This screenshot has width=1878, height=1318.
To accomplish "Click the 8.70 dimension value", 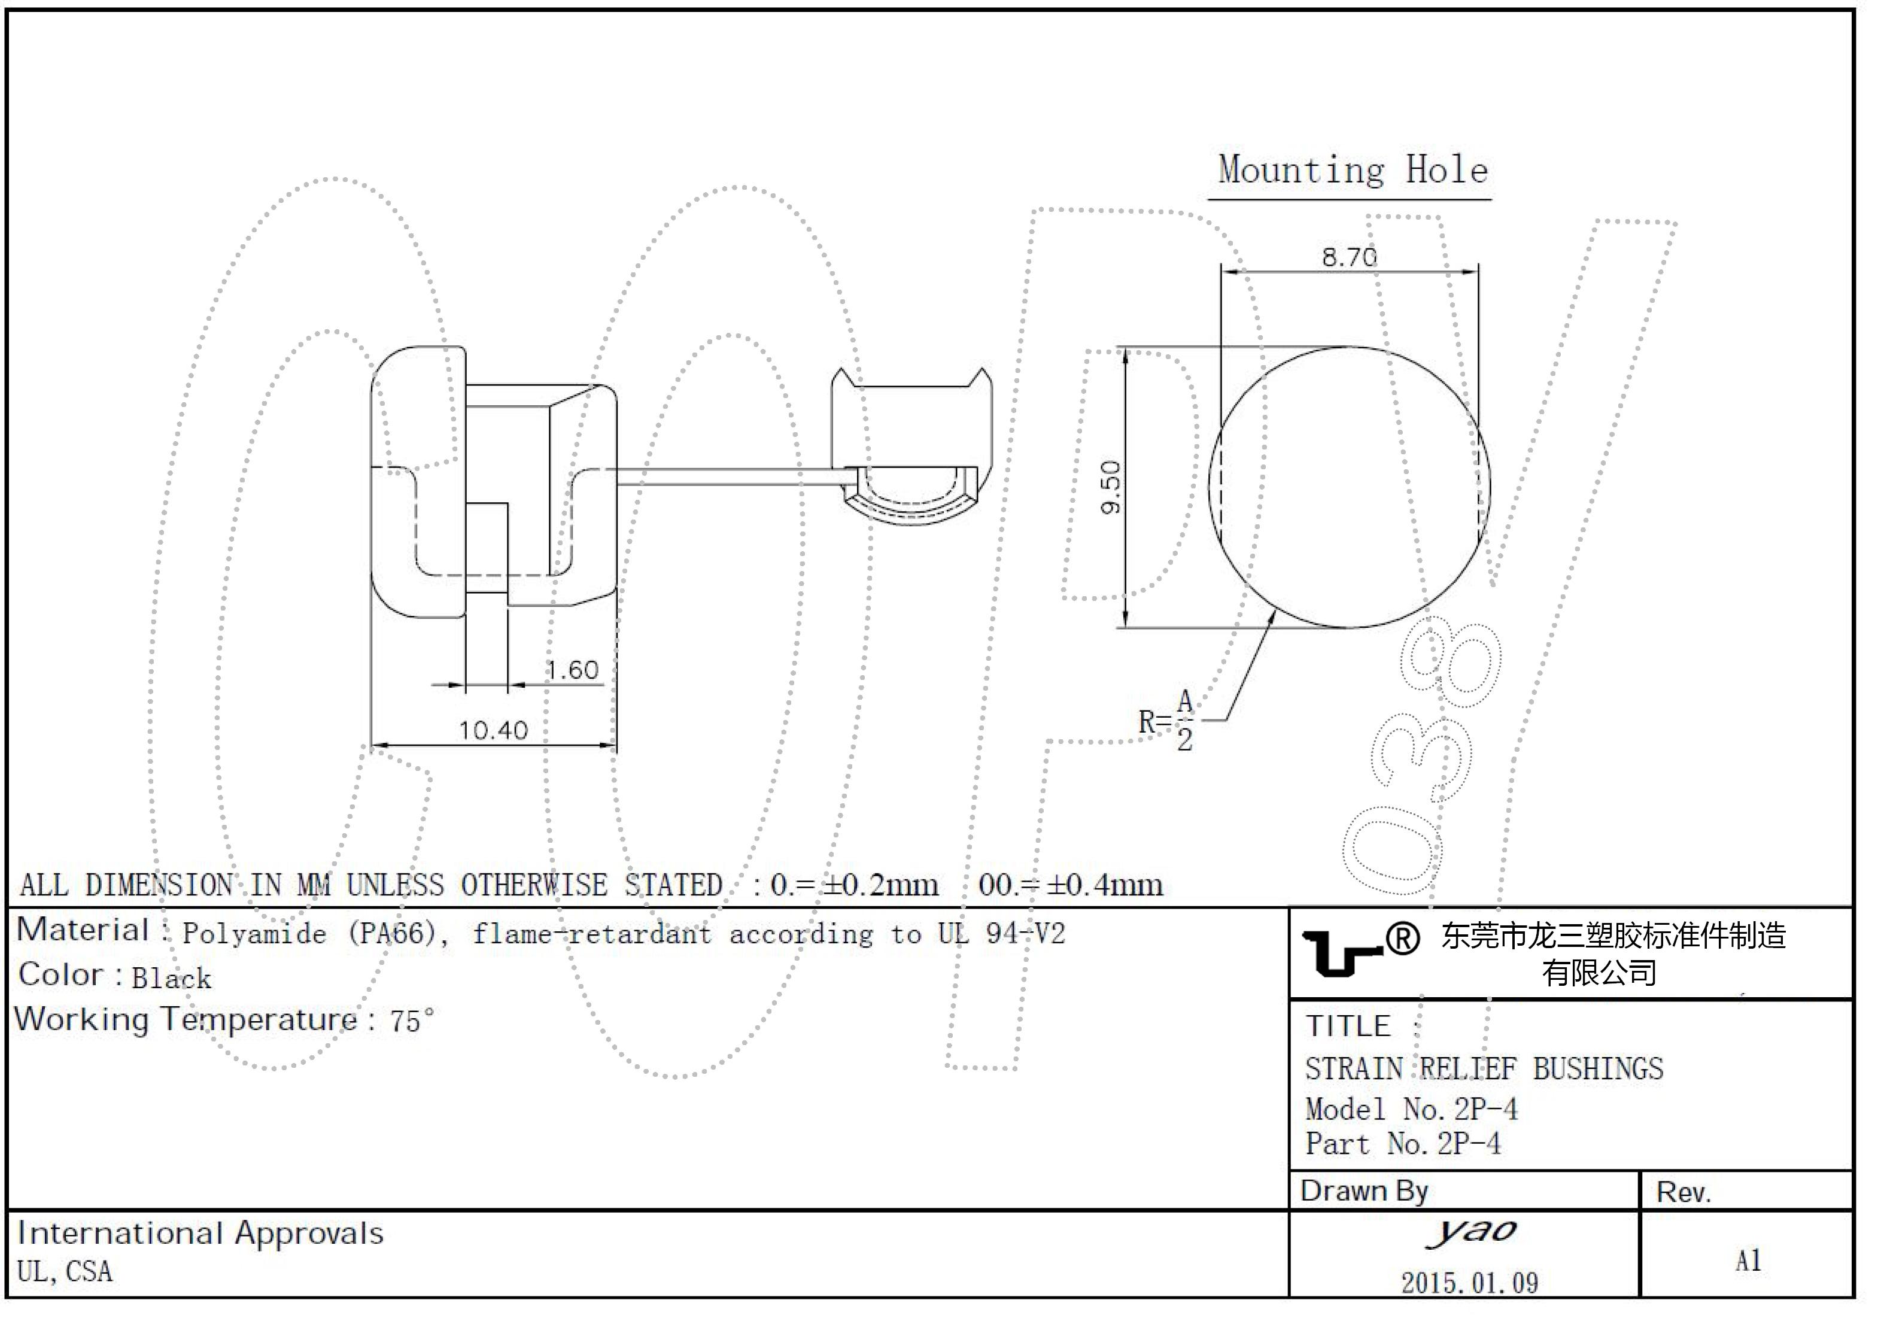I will click(1349, 258).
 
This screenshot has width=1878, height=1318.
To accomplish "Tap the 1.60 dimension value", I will click(573, 671).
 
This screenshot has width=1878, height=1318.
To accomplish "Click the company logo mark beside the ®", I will click(1341, 953).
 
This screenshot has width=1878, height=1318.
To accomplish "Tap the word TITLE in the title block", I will click(1347, 1026).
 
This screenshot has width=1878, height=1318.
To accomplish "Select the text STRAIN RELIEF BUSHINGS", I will click(1484, 1069).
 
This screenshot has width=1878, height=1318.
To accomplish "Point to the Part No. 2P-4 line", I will click(1403, 1144).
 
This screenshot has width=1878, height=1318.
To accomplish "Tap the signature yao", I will click(1470, 1231).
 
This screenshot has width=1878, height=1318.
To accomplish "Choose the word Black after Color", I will click(172, 979).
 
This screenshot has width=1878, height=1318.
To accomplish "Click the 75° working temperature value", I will click(411, 1021).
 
